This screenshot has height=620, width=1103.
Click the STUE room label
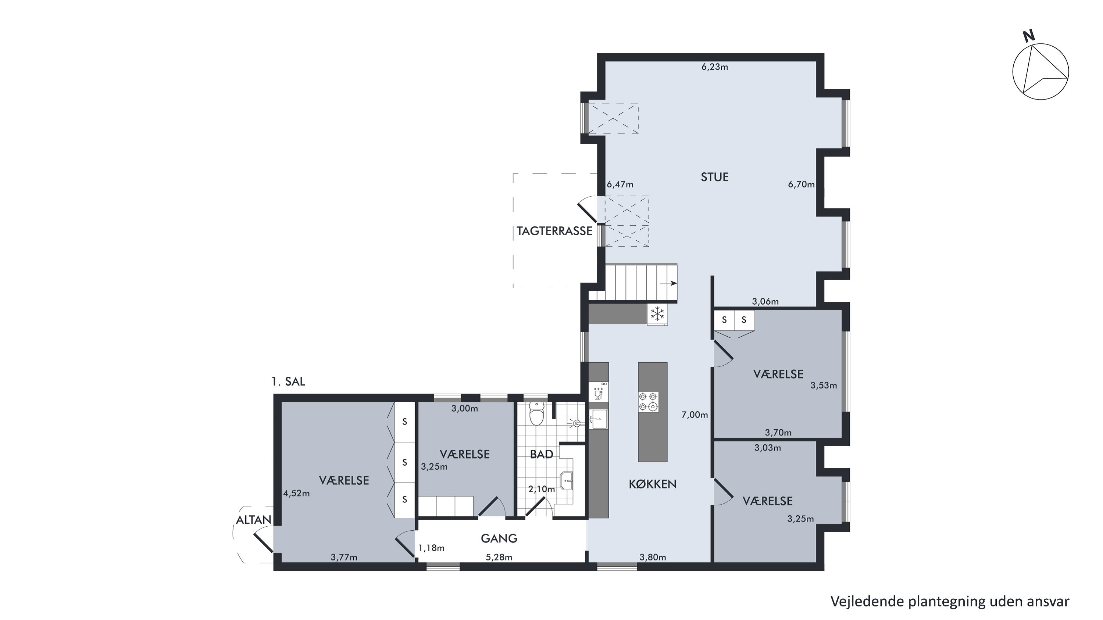[715, 177]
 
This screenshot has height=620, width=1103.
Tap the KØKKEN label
[653, 484]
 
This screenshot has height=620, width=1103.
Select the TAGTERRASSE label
[554, 231]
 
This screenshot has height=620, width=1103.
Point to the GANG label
[499, 538]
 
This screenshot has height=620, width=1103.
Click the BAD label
[541, 454]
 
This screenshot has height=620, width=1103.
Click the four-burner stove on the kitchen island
[648, 402]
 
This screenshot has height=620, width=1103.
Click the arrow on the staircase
[668, 283]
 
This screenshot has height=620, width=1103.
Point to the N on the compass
[1028, 36]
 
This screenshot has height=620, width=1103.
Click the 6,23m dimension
[715, 67]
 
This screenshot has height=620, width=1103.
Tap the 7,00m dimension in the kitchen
[695, 415]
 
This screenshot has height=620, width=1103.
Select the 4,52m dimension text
[296, 493]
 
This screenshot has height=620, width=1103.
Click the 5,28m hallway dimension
[499, 557]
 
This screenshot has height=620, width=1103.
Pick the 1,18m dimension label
[431, 548]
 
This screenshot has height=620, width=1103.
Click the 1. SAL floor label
[288, 381]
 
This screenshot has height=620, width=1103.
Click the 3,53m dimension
[824, 386]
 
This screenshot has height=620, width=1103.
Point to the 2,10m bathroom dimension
[541, 489]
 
